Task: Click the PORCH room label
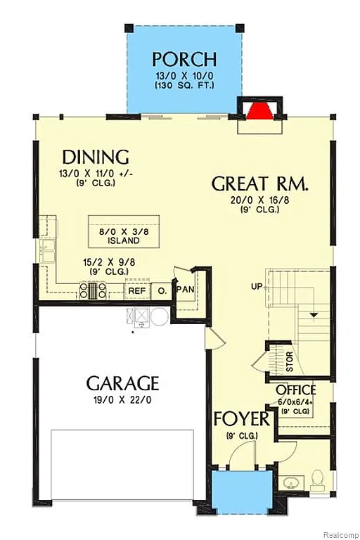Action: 184,59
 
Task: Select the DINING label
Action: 96,156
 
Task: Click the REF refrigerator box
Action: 136,290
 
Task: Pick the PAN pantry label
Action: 185,289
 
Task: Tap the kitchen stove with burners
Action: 93,290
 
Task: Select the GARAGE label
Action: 122,384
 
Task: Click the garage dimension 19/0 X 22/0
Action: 123,401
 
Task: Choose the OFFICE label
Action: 295,391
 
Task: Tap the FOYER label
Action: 242,420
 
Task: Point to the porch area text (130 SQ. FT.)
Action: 184,85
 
